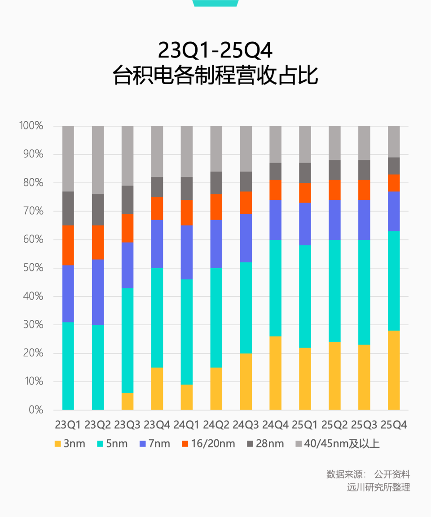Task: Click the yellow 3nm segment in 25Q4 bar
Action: click(394, 370)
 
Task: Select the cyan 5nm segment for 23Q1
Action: click(68, 366)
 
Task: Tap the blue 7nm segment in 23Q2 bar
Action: click(98, 292)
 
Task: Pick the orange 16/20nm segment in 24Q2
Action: click(216, 207)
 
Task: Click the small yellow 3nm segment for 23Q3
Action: click(128, 401)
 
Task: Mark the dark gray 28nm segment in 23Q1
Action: click(68, 208)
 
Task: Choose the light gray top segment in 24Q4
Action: click(275, 144)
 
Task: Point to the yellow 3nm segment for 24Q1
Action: click(186, 397)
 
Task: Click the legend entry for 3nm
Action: click(69, 444)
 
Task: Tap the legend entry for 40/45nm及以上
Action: click(336, 444)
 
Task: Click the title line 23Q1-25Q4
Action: click(215, 51)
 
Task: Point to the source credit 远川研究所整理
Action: click(378, 487)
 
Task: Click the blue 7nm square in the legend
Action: click(143, 444)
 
